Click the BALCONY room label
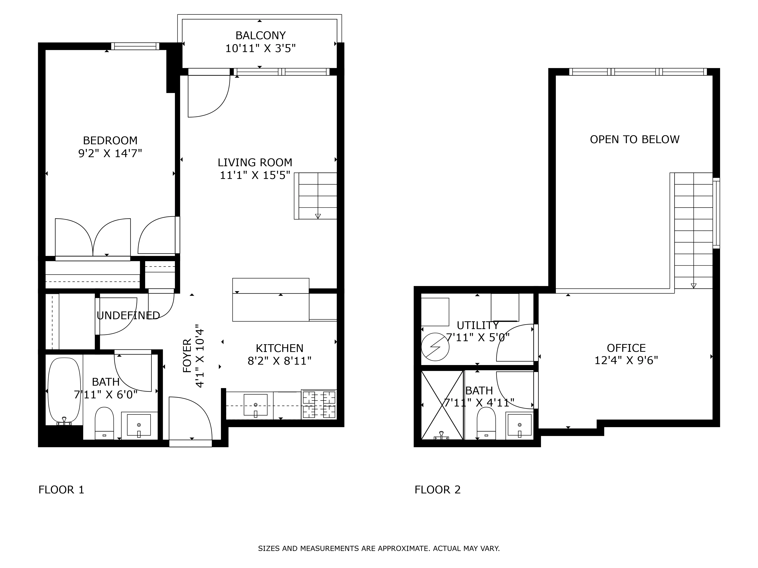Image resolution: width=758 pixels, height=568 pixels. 260,36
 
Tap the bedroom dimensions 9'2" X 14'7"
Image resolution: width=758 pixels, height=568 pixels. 110,153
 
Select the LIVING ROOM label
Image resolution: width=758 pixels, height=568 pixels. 255,162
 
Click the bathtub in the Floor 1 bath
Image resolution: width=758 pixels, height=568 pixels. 64,390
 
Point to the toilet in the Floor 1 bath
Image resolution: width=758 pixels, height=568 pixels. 104,423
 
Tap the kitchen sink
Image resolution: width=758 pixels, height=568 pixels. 255,405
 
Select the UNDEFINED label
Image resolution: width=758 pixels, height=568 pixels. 128,315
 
